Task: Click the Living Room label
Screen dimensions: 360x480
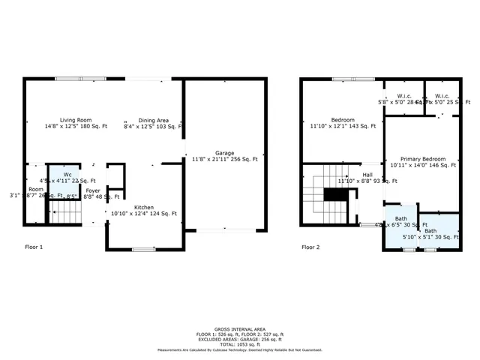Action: point(76,120)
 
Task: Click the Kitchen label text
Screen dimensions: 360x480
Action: point(144,207)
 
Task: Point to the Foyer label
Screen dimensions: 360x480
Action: point(93,190)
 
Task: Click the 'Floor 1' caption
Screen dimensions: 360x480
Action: point(34,246)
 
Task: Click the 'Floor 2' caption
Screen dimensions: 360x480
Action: point(310,246)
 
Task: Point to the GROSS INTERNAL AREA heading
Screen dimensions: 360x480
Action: point(239,328)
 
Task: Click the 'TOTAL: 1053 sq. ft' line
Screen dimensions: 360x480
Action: point(239,344)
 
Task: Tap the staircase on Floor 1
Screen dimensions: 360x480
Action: point(65,216)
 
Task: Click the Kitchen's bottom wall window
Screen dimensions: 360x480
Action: point(143,249)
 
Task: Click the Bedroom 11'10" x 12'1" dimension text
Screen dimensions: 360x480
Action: point(343,127)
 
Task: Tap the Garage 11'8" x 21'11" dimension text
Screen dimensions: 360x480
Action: point(224,159)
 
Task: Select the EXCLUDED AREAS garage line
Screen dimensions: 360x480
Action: point(239,339)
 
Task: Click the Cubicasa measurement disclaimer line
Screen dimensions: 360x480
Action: point(239,349)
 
